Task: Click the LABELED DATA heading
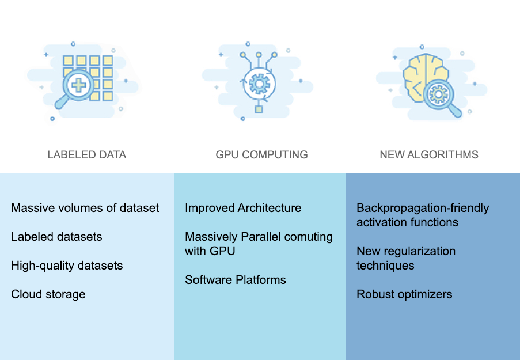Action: click(86, 155)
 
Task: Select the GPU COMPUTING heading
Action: click(261, 155)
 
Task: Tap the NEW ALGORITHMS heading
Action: click(429, 155)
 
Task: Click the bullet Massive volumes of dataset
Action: click(85, 208)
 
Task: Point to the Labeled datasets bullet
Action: click(56, 237)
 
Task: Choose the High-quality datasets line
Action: click(67, 266)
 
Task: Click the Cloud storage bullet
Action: click(48, 294)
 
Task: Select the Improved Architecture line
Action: click(243, 208)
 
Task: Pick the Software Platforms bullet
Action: click(235, 280)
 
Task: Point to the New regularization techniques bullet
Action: click(405, 258)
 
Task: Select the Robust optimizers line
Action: click(404, 294)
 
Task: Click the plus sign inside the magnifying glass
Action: click(78, 85)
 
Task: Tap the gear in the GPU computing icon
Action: click(259, 84)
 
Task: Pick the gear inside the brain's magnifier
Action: click(439, 93)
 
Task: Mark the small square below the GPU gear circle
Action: click(259, 109)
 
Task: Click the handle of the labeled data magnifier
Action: click(61, 103)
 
